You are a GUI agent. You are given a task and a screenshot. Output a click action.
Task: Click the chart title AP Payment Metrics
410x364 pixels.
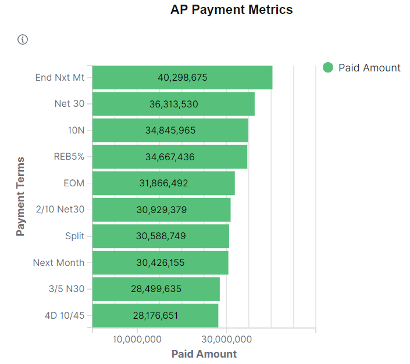[231, 10]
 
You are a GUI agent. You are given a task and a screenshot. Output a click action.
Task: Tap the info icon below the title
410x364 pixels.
[23, 39]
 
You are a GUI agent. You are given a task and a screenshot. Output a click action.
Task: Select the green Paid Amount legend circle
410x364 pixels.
[328, 68]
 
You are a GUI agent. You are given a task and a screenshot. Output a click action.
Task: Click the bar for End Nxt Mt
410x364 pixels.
[182, 77]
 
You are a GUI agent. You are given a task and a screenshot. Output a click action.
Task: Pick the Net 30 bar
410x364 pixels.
[173, 104]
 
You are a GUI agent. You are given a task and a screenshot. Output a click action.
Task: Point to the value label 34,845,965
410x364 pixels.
[170, 130]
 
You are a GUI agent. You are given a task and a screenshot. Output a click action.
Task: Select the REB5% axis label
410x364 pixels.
[69, 157]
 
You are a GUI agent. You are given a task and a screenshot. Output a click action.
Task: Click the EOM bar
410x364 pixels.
[163, 183]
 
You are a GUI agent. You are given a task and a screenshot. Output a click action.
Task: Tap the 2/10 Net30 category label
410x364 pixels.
[60, 210]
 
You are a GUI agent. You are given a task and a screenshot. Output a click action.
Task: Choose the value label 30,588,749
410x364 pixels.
[161, 236]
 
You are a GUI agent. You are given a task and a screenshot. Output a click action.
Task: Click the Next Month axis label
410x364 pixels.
[58, 262]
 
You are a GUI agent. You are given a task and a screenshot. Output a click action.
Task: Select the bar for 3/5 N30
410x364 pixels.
[156, 289]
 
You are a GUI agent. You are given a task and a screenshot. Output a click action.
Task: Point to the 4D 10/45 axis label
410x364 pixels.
[65, 316]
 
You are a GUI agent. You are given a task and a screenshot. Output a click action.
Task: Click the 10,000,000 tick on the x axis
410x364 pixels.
[137, 339]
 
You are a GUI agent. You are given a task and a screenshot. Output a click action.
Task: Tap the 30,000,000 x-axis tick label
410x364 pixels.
[226, 339]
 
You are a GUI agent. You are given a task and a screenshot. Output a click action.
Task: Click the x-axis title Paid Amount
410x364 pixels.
[204, 354]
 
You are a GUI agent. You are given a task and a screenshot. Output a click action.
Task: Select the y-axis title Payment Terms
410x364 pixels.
[21, 196]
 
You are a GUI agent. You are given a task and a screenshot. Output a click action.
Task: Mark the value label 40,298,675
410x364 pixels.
[182, 77]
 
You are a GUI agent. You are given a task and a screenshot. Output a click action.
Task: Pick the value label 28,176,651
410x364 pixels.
[155, 316]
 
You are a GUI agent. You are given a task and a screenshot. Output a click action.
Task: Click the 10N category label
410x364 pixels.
[76, 130]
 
